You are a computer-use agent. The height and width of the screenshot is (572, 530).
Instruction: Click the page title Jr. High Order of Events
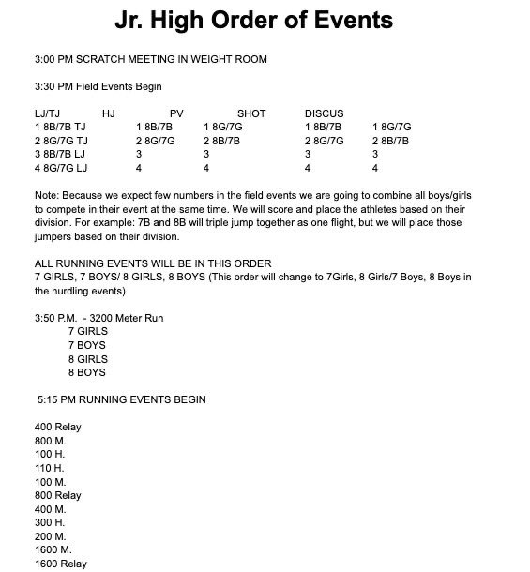[x=253, y=21]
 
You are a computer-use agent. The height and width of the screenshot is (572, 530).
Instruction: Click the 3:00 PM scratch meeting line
[x=150, y=59]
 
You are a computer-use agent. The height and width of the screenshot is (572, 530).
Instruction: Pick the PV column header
[x=176, y=113]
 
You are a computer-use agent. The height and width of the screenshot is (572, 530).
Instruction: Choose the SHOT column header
[x=251, y=113]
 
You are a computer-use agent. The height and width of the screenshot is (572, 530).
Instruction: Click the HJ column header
[x=108, y=113]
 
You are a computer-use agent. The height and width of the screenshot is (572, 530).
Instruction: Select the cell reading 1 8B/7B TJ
[x=60, y=127]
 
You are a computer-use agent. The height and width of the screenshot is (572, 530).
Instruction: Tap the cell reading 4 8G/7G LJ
[x=61, y=168]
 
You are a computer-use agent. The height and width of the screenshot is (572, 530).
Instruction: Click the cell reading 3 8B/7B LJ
[x=60, y=154]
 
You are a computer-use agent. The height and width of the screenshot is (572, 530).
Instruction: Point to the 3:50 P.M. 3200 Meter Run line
[x=98, y=318]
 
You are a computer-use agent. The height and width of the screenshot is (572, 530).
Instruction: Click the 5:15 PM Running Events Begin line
[x=122, y=399]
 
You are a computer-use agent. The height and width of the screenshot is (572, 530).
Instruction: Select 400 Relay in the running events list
[x=57, y=427]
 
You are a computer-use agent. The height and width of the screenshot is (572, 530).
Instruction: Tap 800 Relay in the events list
[x=57, y=495]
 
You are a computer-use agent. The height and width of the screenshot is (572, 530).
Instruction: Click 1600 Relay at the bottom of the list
[x=60, y=564]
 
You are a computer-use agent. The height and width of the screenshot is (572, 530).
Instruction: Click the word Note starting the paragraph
[x=45, y=195]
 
